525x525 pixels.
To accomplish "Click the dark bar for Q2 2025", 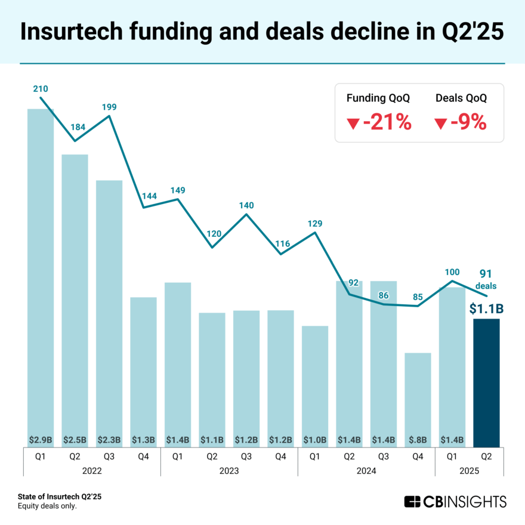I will click(x=486, y=382).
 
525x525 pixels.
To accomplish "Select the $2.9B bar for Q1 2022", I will click(x=41, y=274).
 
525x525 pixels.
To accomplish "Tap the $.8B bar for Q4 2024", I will click(x=418, y=397).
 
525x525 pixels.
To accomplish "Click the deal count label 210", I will click(x=41, y=89).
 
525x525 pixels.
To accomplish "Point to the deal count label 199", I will click(x=109, y=107).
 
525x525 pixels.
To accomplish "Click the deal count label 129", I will click(x=315, y=223).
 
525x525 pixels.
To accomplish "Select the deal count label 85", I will click(x=418, y=296).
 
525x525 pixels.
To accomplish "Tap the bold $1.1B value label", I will click(x=486, y=308).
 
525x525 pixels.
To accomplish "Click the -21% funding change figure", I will click(x=379, y=123).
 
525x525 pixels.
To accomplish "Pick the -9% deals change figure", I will click(x=460, y=123).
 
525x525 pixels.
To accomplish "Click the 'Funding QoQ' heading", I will click(x=378, y=98).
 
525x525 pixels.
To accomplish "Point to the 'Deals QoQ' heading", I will click(x=461, y=98).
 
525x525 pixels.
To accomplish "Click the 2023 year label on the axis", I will click(x=229, y=470).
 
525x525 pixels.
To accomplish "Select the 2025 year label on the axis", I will click(x=469, y=470).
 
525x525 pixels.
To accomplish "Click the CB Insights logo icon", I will click(x=412, y=501).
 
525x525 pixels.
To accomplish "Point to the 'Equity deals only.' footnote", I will click(x=47, y=506).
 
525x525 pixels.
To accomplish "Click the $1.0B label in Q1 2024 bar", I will click(x=315, y=440).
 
